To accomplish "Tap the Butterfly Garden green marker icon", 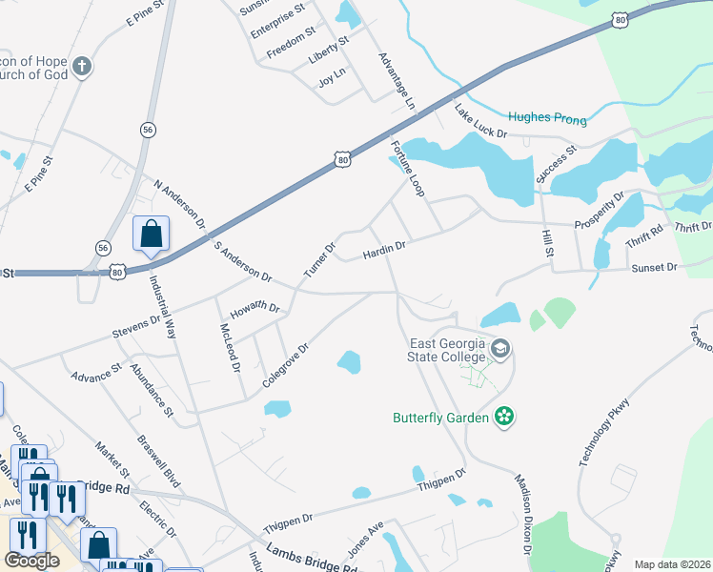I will click(505, 417).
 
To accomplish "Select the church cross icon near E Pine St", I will click(83, 67).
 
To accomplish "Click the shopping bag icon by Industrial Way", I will click(151, 234).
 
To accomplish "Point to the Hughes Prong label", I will click(547, 117).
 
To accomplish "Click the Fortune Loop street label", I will click(407, 169).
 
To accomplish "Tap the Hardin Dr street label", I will click(384, 252).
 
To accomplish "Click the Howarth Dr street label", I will click(255, 310).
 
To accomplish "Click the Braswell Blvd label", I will click(158, 462).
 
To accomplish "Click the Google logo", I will click(31, 561).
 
